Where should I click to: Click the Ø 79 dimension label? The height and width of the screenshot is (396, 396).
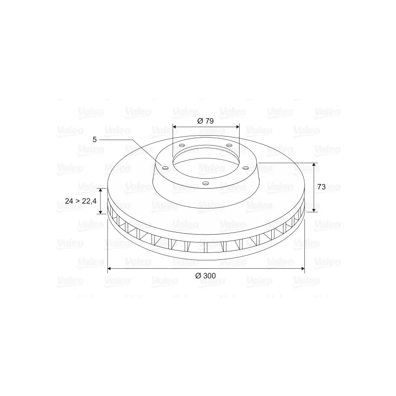pos(205,121)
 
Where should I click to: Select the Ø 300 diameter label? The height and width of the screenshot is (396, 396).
pos(205,276)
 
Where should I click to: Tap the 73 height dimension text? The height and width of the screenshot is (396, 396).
pos(321,187)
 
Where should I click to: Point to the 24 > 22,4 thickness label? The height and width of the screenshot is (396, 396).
pos(81,201)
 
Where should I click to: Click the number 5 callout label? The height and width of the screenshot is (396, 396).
pos(95,140)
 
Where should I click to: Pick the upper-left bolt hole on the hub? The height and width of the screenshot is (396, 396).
pos(182,146)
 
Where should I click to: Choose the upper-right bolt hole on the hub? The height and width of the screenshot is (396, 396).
pos(229,145)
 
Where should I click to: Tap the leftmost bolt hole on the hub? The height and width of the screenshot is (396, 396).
pos(165,168)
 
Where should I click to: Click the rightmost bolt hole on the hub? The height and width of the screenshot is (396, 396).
pos(246,168)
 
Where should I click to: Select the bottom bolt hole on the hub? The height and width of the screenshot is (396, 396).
pos(206,183)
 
